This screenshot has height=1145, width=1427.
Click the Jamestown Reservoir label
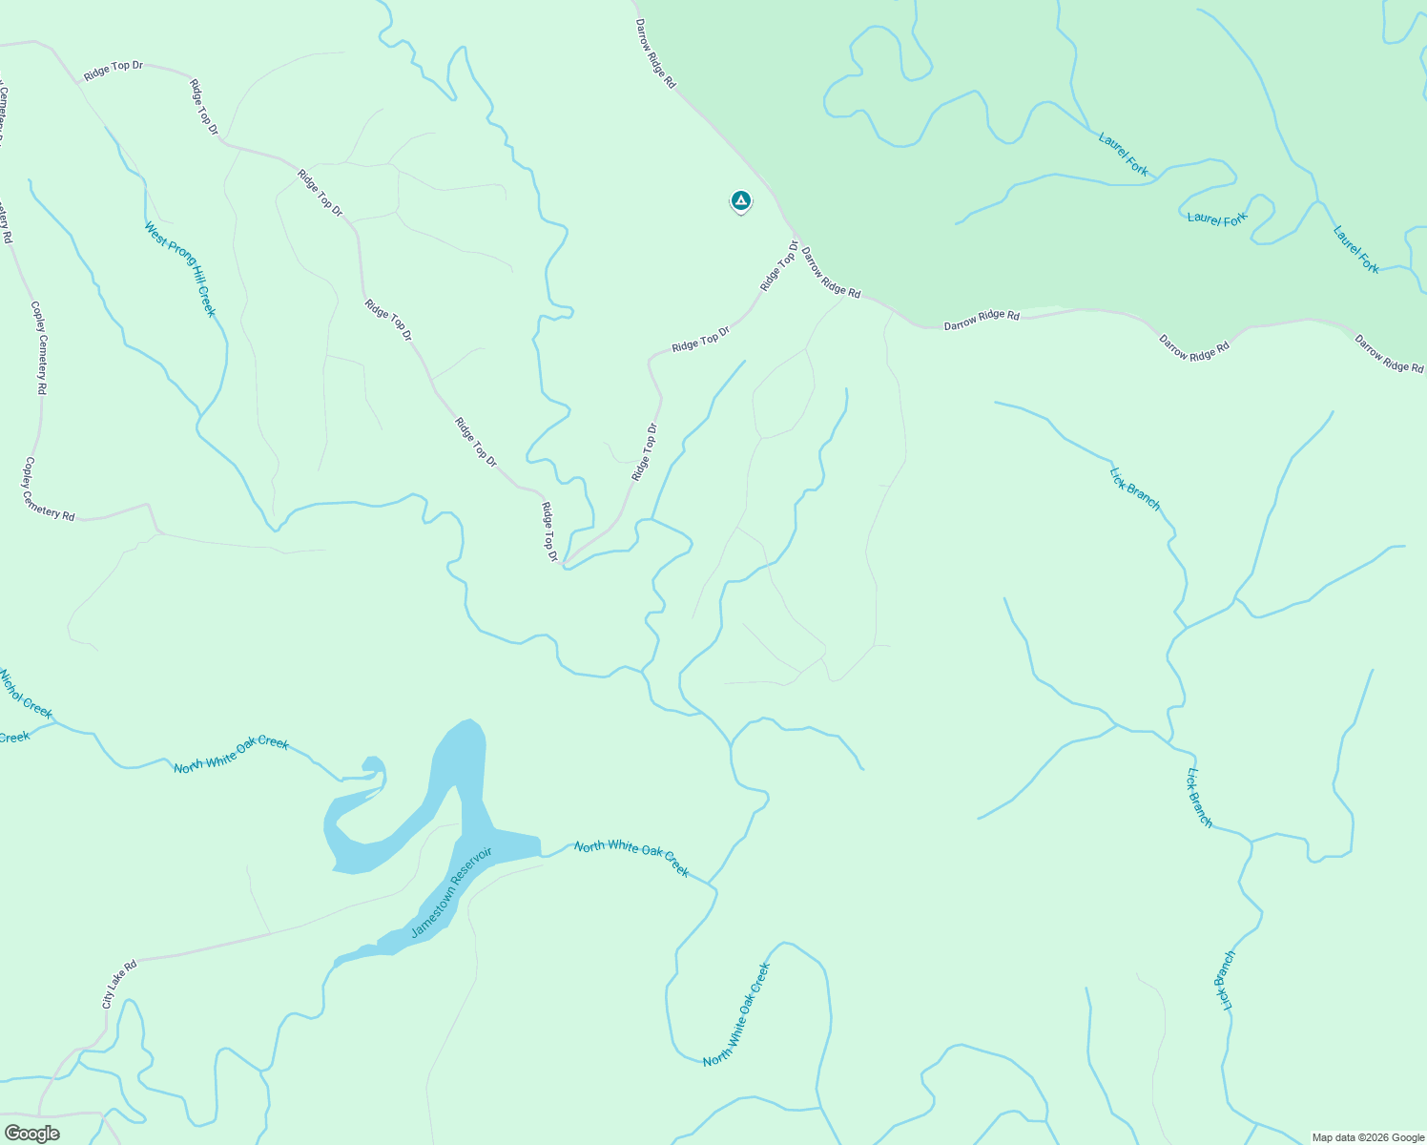451,892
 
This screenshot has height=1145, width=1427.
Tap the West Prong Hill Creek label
180,270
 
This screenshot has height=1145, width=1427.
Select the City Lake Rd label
119,984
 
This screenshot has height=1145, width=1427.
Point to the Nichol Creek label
26,695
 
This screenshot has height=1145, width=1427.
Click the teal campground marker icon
740,201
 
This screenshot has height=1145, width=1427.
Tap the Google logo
31,1134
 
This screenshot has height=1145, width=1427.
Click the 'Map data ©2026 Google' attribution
1368,1137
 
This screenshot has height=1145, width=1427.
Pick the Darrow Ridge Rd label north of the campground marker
655,54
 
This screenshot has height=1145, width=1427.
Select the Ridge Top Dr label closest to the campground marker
778,266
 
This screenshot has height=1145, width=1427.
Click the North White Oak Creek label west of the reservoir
231,755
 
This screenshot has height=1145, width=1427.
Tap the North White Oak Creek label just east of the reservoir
631,858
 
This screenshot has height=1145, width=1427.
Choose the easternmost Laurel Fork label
1355,249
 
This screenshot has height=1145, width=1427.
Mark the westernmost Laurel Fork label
1124,154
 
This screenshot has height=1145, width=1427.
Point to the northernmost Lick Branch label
1135,489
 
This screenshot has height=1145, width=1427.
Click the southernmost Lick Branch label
1225,981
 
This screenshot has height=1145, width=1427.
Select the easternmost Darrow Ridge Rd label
1389,353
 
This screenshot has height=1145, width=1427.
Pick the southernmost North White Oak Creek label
736,1014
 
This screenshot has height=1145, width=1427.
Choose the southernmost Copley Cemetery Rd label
48,489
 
